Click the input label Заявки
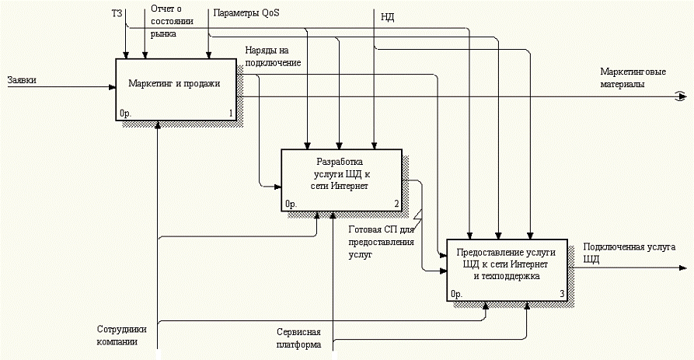(21, 80)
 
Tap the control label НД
(388, 16)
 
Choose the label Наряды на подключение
(273, 56)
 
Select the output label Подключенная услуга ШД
(627, 253)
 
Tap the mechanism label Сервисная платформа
(298, 337)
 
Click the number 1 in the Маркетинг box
(231, 114)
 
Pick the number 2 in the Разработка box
(396, 204)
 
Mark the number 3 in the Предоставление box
(561, 294)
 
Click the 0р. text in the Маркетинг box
(127, 114)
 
